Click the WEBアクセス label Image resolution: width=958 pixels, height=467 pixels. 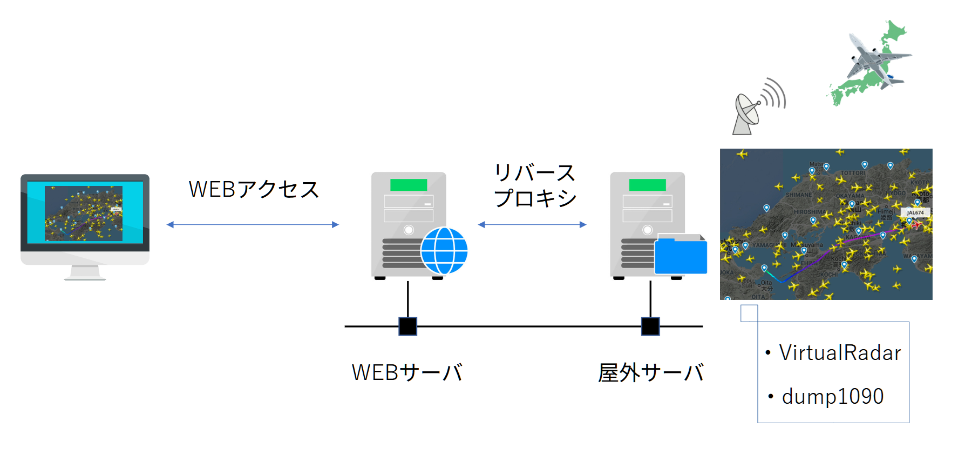(x=254, y=190)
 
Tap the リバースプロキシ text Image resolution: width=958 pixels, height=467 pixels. (x=535, y=185)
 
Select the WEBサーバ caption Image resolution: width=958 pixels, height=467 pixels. (x=407, y=372)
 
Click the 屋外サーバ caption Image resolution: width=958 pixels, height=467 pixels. (x=650, y=372)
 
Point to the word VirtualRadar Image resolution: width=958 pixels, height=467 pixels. (x=840, y=353)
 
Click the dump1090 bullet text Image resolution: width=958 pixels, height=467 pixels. (x=832, y=397)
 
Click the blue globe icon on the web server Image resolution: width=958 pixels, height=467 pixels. (x=444, y=251)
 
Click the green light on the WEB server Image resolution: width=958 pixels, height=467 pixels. (x=409, y=185)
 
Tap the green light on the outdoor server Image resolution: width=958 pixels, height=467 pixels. (x=647, y=185)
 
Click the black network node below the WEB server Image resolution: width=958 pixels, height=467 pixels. (x=407, y=326)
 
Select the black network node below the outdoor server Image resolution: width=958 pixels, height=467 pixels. (x=650, y=326)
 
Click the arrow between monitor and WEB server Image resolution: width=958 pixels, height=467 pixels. (x=253, y=225)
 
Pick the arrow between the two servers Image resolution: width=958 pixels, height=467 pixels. (x=532, y=225)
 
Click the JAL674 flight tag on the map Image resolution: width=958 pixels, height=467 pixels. (x=915, y=212)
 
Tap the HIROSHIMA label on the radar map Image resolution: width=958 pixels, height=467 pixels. (x=808, y=212)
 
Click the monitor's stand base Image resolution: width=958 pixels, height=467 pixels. (x=85, y=278)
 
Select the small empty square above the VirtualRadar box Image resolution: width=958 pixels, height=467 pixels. (x=749, y=313)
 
